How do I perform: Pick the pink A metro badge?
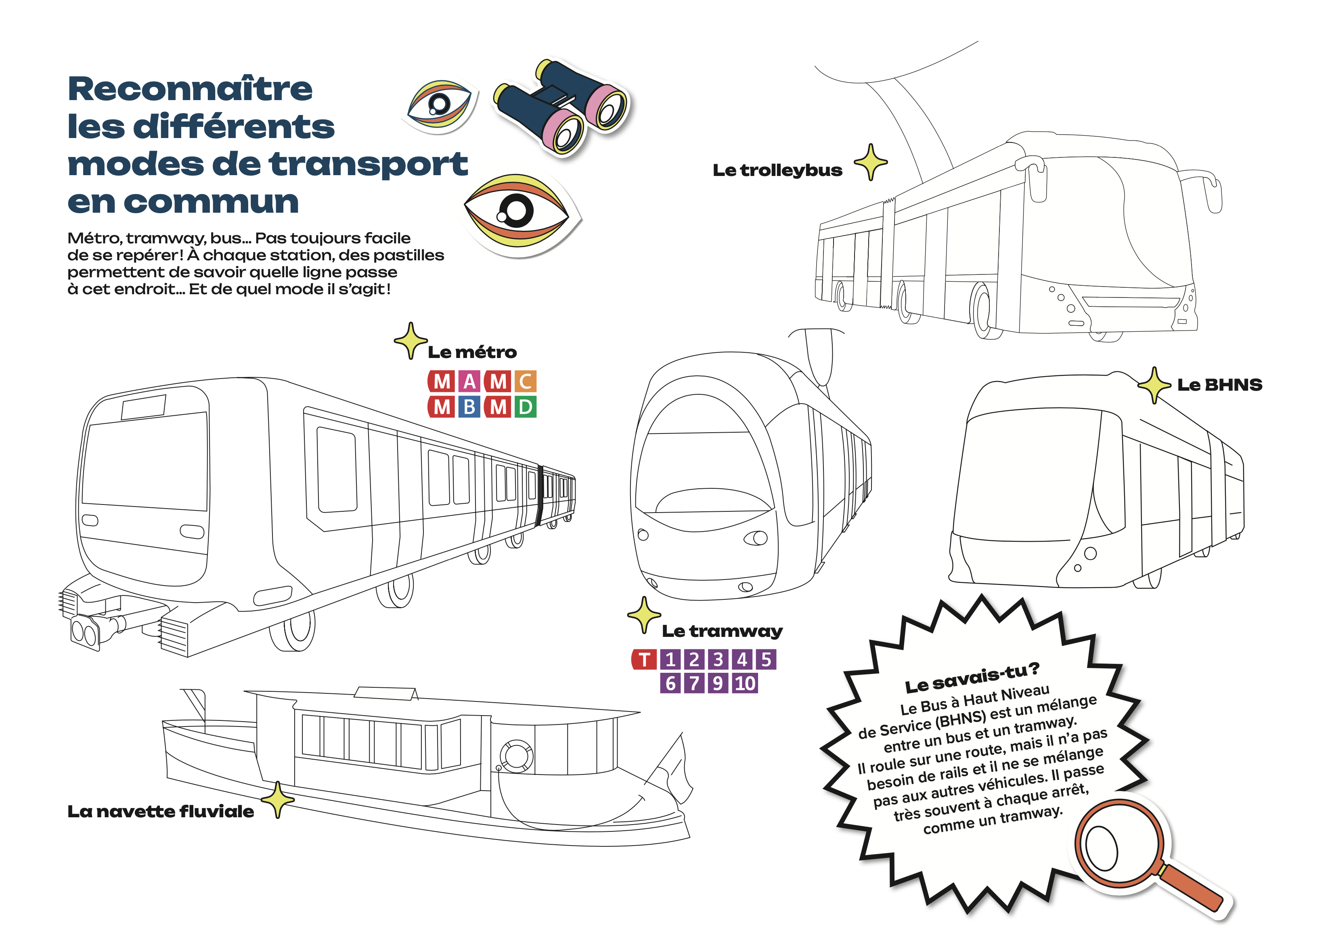click(x=469, y=382)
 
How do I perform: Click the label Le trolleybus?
click(x=777, y=171)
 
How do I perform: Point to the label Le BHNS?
click(x=1219, y=385)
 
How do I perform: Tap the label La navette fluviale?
click(x=161, y=812)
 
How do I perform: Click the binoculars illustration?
click(x=561, y=107)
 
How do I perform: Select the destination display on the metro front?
click(x=143, y=407)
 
